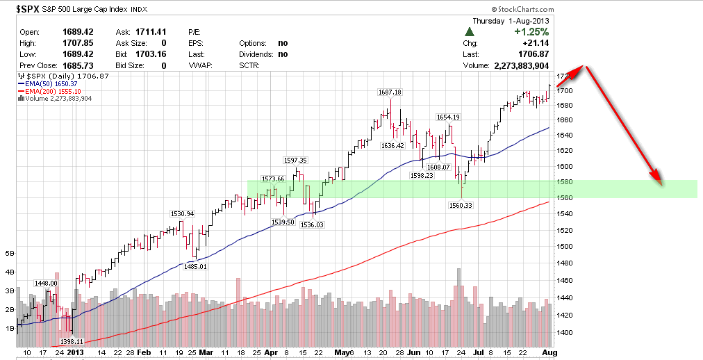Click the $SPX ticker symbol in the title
click(28, 10)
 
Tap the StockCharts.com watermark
click(523, 10)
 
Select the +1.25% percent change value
click(531, 31)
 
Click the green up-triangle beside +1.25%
click(470, 32)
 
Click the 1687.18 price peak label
click(389, 92)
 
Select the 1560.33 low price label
click(462, 205)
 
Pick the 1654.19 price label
click(447, 117)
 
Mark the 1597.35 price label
click(294, 160)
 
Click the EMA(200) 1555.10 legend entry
click(49, 91)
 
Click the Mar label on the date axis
click(206, 352)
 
